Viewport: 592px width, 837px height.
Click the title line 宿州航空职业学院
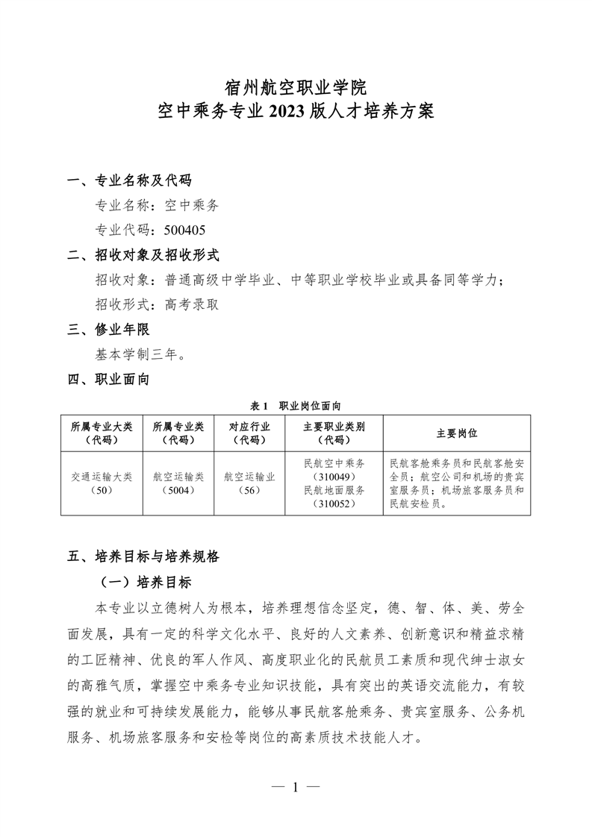point(296,88)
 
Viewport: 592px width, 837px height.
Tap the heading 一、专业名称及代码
point(129,181)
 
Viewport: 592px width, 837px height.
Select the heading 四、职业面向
point(108,380)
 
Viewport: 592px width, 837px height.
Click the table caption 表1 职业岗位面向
point(296,405)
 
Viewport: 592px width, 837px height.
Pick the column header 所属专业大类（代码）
point(102,433)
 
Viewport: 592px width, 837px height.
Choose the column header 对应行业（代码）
point(250,433)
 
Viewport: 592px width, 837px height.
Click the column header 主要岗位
point(457,433)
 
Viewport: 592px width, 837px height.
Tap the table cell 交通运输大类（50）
point(102,483)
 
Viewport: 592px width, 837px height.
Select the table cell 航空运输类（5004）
point(178,483)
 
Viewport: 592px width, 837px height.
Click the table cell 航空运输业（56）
point(250,483)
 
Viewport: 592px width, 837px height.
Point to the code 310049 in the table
point(334,477)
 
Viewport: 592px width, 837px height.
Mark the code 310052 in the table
point(334,504)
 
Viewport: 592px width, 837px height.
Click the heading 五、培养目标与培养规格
point(143,556)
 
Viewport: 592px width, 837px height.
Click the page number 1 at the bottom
point(296,787)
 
